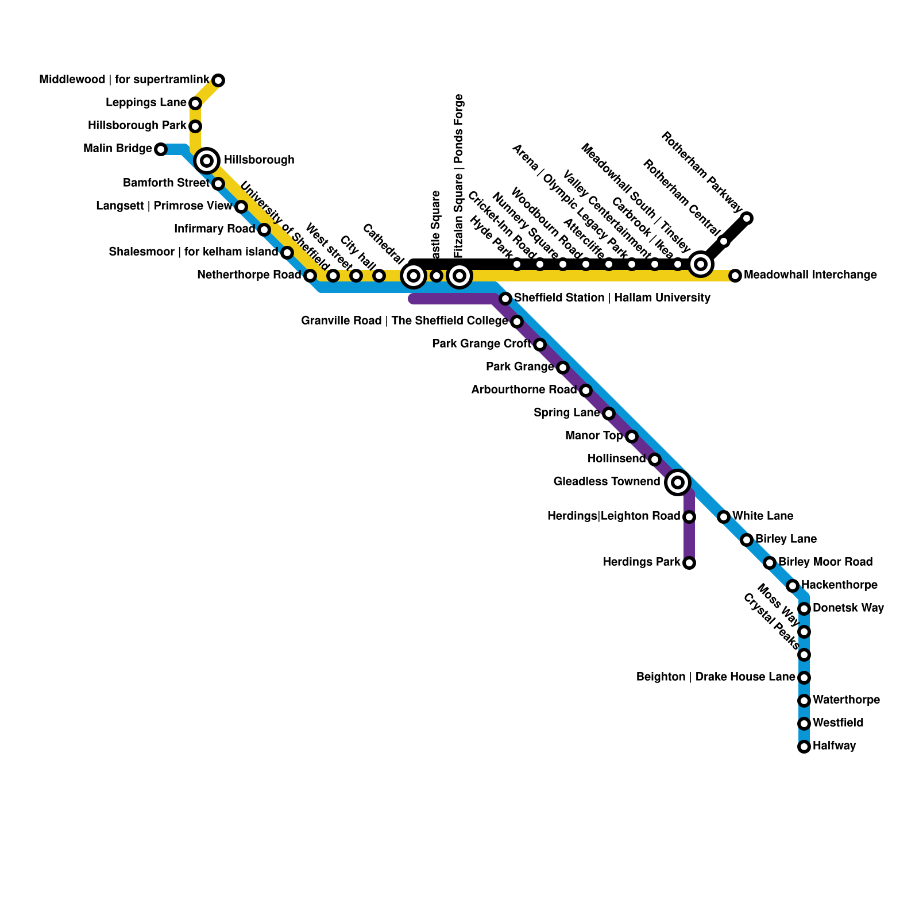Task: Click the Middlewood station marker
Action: coord(218,80)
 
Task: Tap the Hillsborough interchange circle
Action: coord(207,160)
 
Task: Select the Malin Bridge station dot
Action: coord(161,149)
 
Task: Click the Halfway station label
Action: coord(835,746)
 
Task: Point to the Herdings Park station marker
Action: coord(689,563)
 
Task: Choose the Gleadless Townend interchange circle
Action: coord(678,482)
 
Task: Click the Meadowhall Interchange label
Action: coord(810,275)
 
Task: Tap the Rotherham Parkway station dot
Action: coord(747,218)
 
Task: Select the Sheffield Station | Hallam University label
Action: coord(612,298)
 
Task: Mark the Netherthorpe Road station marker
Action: coord(310,276)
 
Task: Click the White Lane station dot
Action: coord(724,517)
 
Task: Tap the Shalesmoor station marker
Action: coord(287,253)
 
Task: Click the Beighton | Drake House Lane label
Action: coord(715,677)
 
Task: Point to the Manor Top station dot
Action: coord(632,437)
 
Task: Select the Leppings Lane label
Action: coord(146,103)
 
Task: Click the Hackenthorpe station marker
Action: coord(793,586)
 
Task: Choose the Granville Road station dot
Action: coord(517,322)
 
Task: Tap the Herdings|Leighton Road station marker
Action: coord(689,517)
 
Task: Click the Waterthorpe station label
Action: coord(846,700)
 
